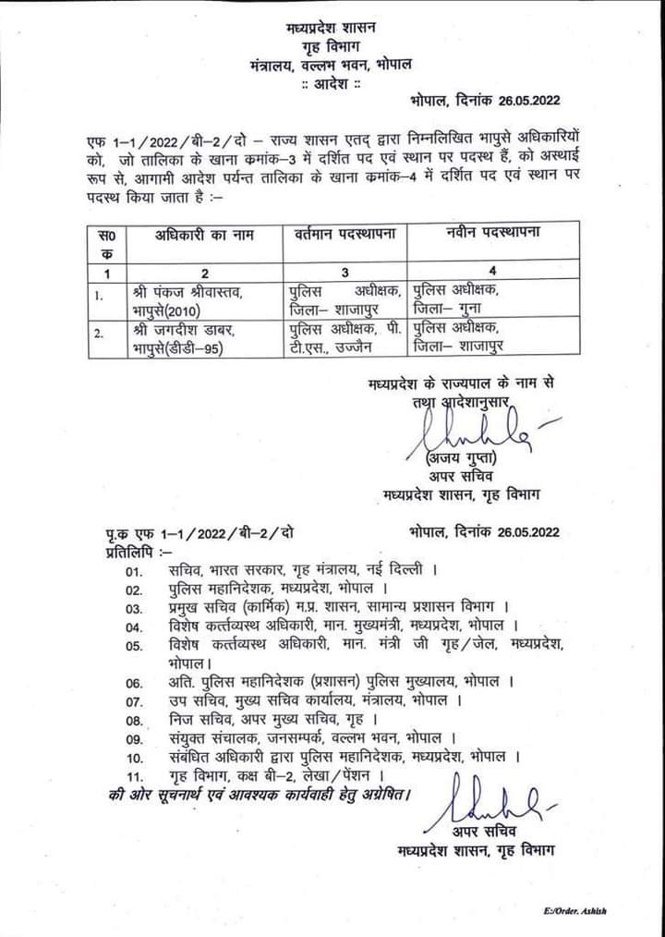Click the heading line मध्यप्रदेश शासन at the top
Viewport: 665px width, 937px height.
click(332, 27)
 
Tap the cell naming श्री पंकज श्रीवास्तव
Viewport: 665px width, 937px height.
click(188, 293)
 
